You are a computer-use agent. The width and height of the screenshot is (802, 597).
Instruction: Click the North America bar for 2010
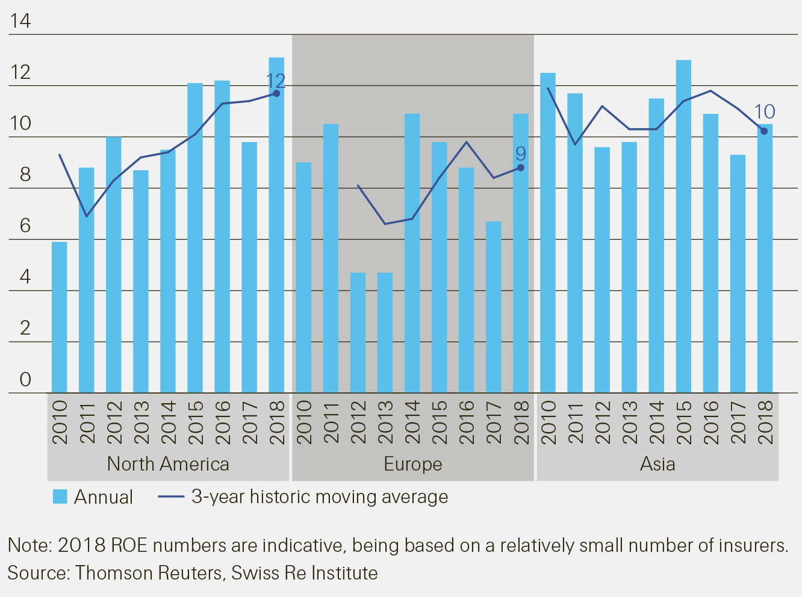pyautogui.click(x=59, y=317)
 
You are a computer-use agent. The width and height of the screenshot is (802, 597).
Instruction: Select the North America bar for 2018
pyautogui.click(x=276, y=225)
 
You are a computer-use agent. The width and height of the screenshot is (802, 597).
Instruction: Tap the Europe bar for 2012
pyautogui.click(x=358, y=333)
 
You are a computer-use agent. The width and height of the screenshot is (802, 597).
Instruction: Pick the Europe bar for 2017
pyautogui.click(x=494, y=307)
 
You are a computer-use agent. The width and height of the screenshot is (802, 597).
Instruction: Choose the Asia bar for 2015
pyautogui.click(x=683, y=226)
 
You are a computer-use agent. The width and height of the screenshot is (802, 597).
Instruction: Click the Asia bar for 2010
pyautogui.click(x=548, y=233)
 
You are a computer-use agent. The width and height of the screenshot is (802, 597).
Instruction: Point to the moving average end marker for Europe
pyautogui.click(x=521, y=168)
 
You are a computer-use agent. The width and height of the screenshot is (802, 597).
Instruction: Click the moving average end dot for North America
pyautogui.click(x=276, y=93)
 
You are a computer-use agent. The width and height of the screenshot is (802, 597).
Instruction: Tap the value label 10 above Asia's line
pyautogui.click(x=765, y=112)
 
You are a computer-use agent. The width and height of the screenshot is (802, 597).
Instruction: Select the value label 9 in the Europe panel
pyautogui.click(x=521, y=153)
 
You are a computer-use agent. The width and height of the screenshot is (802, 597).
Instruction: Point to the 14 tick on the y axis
pyautogui.click(x=20, y=21)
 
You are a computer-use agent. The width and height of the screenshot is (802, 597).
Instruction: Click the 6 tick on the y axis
pyautogui.click(x=25, y=226)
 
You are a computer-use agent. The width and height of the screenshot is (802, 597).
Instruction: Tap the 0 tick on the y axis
pyautogui.click(x=25, y=379)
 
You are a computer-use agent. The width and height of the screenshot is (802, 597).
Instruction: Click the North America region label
pyautogui.click(x=168, y=464)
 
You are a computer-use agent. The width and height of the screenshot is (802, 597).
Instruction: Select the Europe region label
pyautogui.click(x=413, y=464)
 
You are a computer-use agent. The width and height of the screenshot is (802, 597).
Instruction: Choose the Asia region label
pyautogui.click(x=657, y=464)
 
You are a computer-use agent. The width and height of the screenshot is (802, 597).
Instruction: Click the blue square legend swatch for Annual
pyautogui.click(x=60, y=496)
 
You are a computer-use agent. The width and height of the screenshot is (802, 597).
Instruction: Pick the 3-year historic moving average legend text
pyautogui.click(x=320, y=496)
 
